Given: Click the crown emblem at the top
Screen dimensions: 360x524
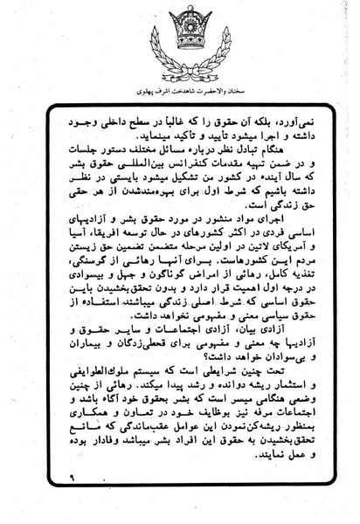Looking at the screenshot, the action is tap(180, 39).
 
